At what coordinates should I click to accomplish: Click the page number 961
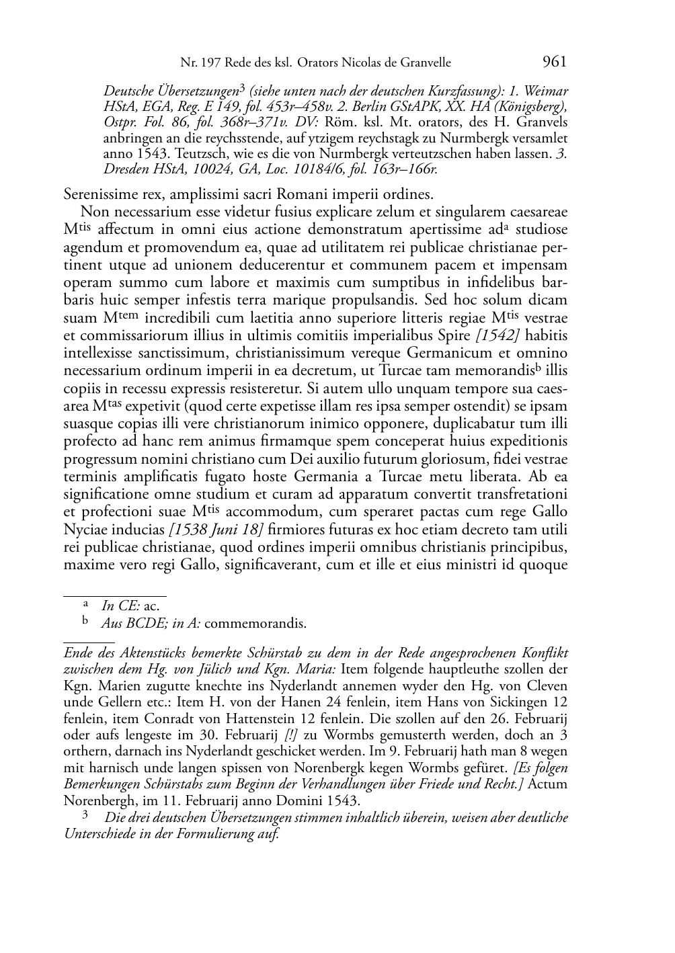click(x=554, y=62)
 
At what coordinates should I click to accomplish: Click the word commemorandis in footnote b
click(x=255, y=623)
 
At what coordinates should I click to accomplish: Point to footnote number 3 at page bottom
click(x=85, y=816)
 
